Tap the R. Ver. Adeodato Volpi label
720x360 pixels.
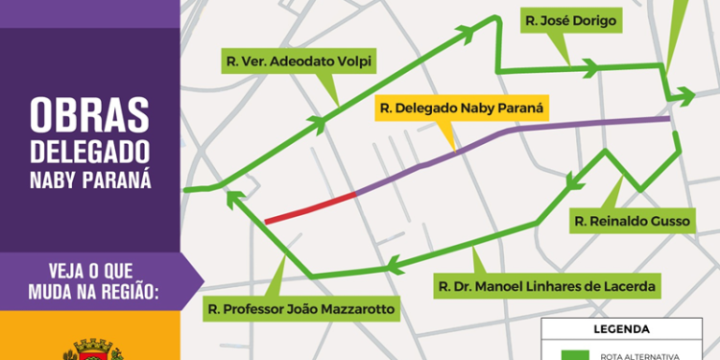pos(299,62)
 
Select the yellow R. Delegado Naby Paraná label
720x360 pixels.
pos(462,108)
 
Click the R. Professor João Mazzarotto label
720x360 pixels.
pos(301,309)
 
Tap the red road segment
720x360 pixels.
pos(310,207)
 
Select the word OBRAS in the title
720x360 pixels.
pos(89,116)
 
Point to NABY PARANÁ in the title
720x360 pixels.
pos(89,180)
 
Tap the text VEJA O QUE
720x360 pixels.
pos(89,269)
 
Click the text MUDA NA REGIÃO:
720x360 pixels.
pos(89,290)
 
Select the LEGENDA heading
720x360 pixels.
pos(621,328)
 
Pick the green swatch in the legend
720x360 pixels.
pos(574,354)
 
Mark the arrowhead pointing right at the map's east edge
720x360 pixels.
pos(685,95)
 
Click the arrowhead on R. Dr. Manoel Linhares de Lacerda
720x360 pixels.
pos(392,261)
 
